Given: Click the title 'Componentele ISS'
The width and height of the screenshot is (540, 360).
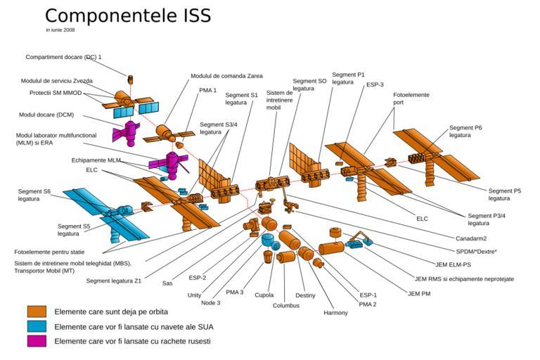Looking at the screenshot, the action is [128, 15].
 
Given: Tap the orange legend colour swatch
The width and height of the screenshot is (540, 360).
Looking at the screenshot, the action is [37, 311].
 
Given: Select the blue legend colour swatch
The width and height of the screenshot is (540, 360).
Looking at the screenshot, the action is [37, 326].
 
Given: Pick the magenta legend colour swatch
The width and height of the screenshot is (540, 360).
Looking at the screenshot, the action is [37, 341].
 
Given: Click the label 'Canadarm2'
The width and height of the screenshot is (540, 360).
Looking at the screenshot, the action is [471, 238].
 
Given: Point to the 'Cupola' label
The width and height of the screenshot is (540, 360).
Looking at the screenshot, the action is [264, 295].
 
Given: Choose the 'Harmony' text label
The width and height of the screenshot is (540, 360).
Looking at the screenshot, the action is [335, 313].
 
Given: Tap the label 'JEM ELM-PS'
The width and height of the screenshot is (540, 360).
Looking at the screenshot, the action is [453, 264].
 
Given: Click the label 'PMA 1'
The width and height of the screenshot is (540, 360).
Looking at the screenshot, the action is [207, 90].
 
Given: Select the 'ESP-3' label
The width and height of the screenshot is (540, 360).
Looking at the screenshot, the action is [375, 84].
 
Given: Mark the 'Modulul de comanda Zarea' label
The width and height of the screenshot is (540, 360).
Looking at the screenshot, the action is [226, 76].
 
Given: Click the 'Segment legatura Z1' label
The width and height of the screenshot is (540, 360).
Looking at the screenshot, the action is [114, 281].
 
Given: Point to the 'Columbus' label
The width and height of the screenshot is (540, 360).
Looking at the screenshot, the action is [286, 305].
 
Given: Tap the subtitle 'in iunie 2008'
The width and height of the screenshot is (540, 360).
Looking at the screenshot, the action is [60, 30].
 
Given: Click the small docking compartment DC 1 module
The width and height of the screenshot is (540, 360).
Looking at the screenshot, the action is [130, 79].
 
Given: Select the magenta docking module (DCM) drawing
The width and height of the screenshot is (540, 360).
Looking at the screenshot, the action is [127, 133].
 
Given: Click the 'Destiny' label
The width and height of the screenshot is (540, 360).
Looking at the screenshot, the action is [305, 295].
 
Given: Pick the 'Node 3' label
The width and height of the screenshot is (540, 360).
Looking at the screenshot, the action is [210, 303].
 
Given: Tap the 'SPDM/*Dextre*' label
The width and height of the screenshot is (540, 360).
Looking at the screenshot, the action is [476, 252].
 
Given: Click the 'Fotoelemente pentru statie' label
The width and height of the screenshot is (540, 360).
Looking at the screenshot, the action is [49, 252].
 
